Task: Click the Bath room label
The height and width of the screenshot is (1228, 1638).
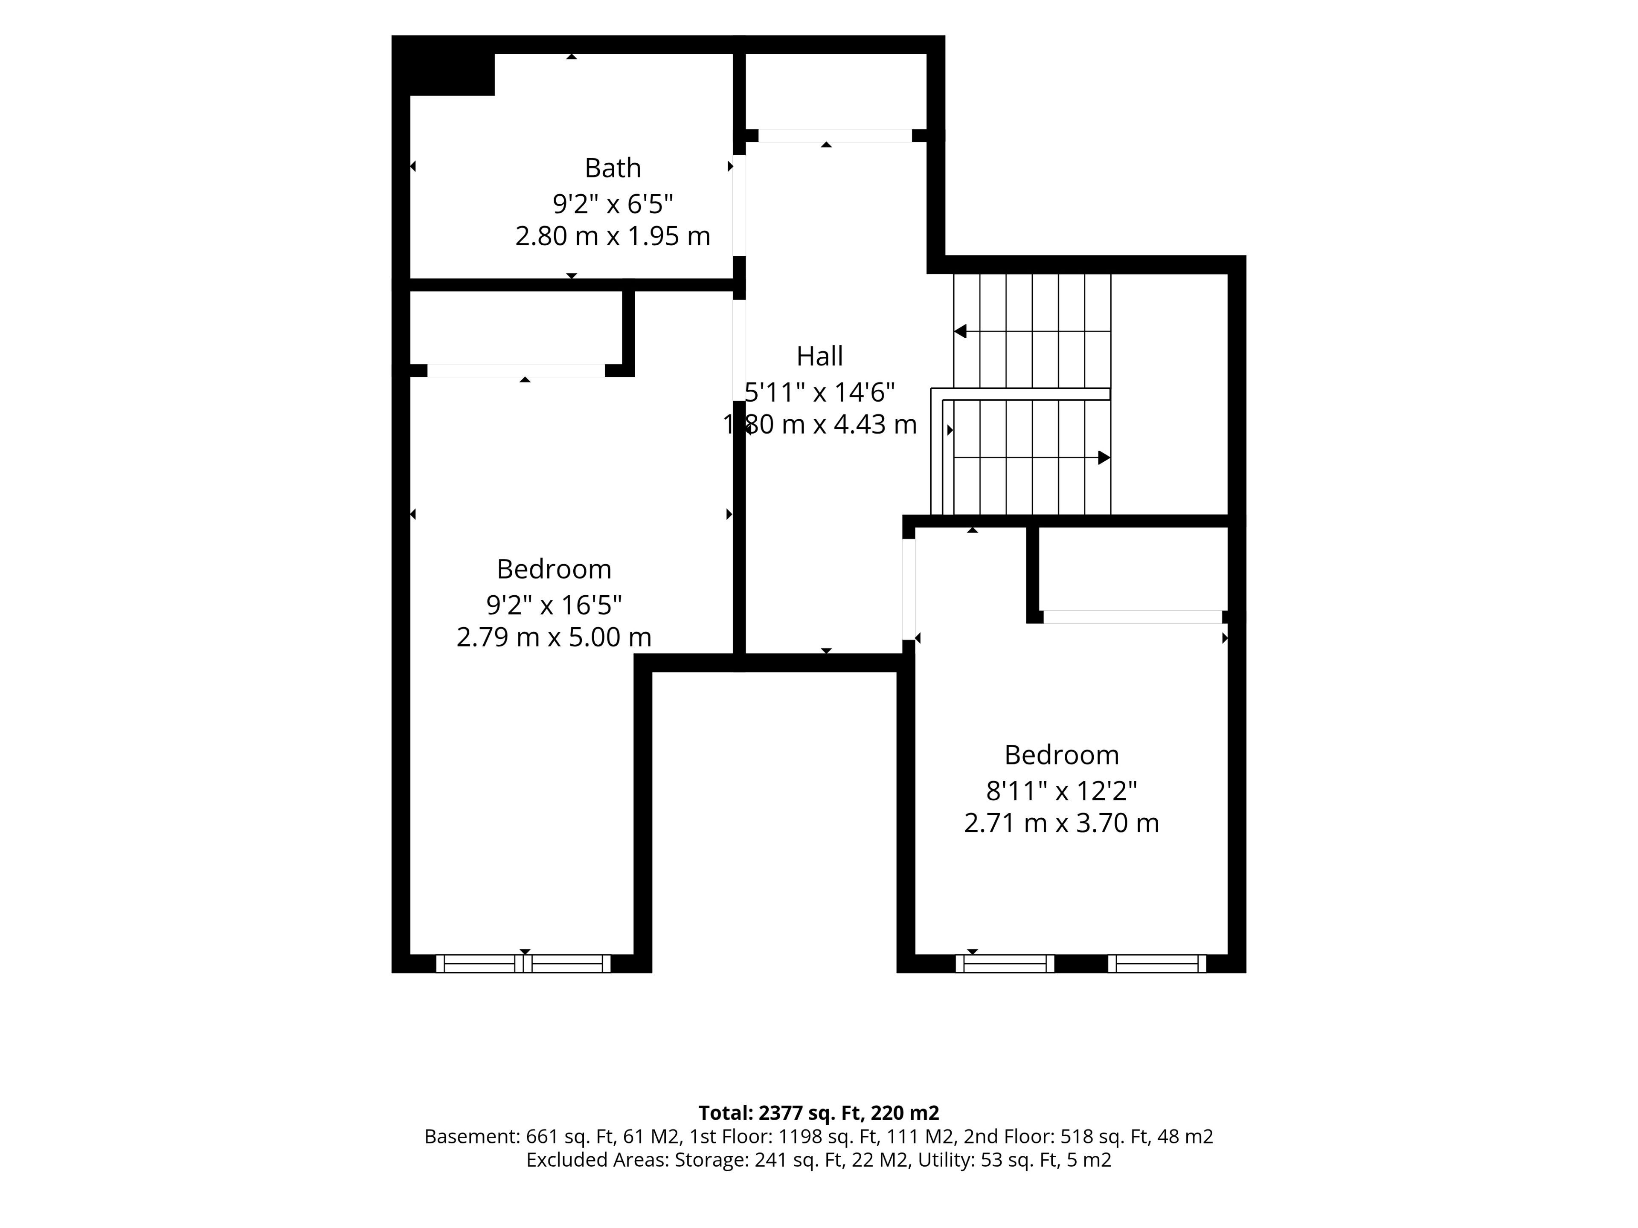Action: (613, 168)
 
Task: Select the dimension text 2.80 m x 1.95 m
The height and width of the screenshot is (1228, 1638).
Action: (613, 236)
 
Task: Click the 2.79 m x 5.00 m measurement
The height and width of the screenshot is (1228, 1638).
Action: (554, 637)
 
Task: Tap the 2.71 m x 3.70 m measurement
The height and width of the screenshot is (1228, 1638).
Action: (1061, 823)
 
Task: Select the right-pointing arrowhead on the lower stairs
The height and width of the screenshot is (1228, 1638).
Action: (1104, 458)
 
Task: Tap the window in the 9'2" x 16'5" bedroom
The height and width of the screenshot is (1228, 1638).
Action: (523, 963)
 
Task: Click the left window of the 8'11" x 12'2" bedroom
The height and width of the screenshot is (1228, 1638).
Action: (1005, 963)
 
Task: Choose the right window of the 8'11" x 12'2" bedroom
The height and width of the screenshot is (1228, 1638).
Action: (1157, 963)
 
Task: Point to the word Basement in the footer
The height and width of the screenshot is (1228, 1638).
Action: (471, 1136)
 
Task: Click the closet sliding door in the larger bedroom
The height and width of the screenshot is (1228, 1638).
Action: (516, 370)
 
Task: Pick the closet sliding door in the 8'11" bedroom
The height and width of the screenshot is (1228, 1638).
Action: (1132, 617)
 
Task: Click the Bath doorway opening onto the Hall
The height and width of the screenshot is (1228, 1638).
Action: (739, 205)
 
